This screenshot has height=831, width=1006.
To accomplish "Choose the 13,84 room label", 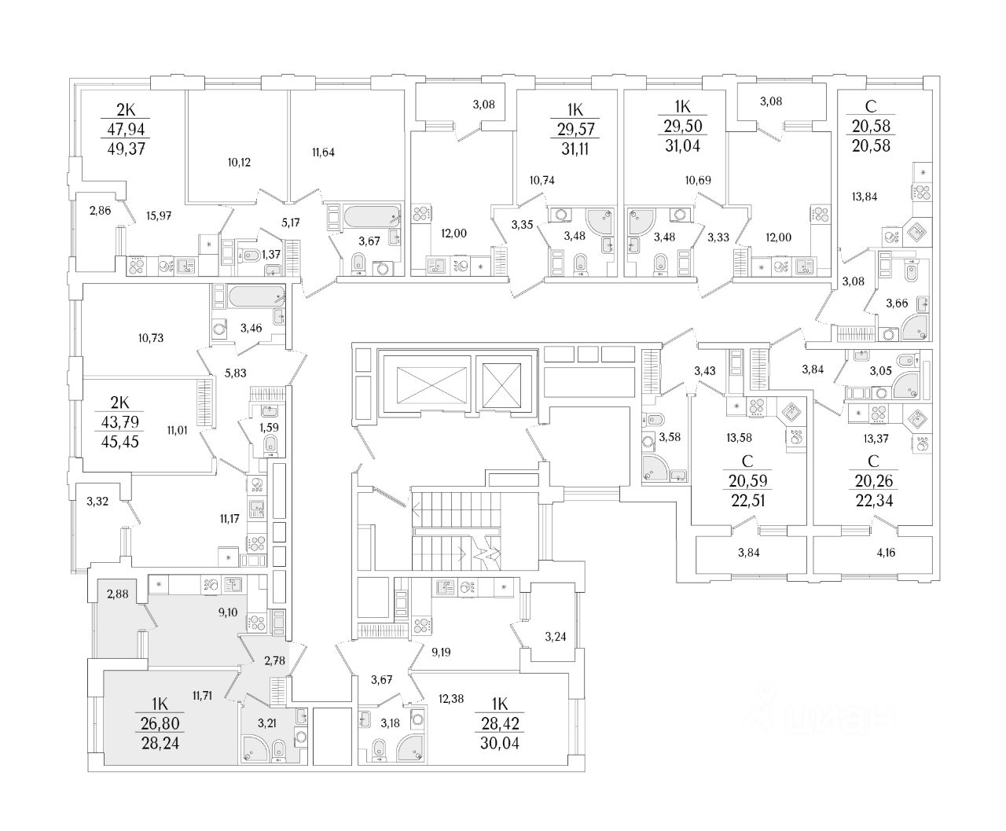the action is tap(868, 197).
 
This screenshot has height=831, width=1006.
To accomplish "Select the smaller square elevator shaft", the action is tap(504, 385).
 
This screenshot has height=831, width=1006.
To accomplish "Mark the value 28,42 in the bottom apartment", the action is tap(499, 723).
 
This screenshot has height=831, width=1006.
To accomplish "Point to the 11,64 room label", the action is tap(323, 153).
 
